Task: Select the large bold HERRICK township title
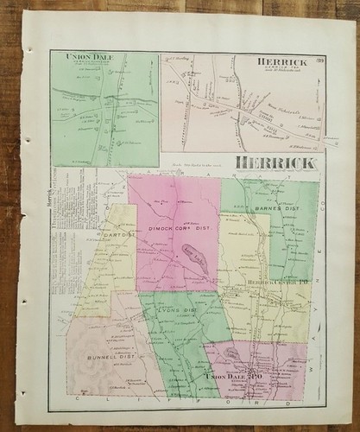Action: click(271, 162)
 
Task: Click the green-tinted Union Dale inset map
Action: click(104, 108)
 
